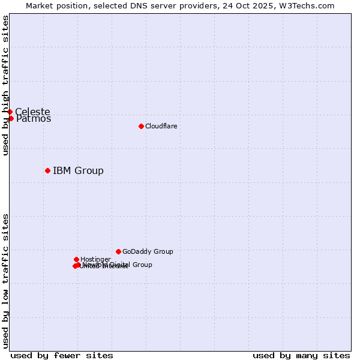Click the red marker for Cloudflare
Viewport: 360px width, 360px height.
click(x=141, y=126)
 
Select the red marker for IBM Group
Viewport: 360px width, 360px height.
click(x=47, y=170)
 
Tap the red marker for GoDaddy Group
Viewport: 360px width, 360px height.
click(x=118, y=251)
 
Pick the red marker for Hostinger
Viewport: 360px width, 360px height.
click(x=76, y=259)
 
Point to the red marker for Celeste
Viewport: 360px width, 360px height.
click(x=10, y=112)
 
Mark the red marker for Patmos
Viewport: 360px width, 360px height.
click(x=11, y=118)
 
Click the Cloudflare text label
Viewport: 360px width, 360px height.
click(x=161, y=126)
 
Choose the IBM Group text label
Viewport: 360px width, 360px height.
click(x=78, y=170)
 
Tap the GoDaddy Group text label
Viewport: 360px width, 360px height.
click(x=148, y=251)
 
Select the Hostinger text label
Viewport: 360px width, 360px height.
click(x=95, y=259)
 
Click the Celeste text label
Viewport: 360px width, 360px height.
click(x=32, y=112)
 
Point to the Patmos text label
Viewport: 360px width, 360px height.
click(x=34, y=119)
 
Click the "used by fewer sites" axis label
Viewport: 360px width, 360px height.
click(x=61, y=355)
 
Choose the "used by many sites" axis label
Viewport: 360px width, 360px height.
click(x=301, y=355)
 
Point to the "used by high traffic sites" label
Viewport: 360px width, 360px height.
click(x=5, y=85)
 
